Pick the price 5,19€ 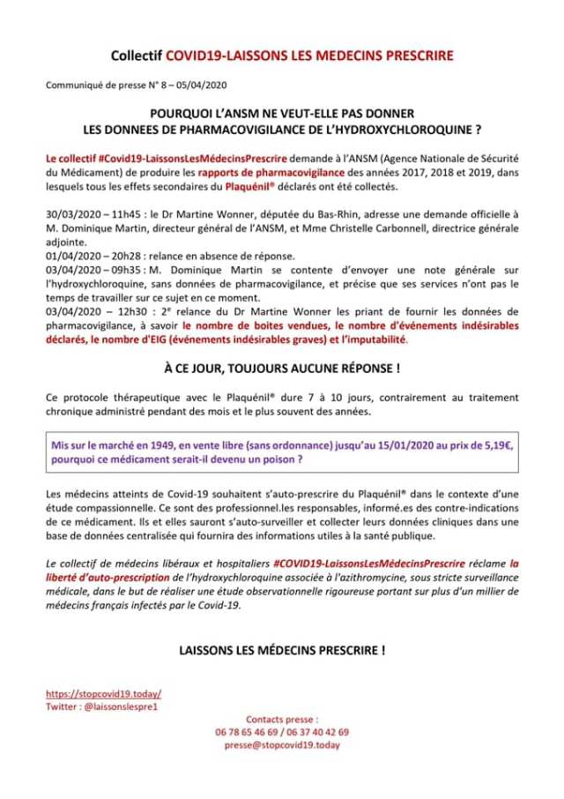(498, 445)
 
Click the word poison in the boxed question (277, 459)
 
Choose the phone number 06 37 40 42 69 (317, 732)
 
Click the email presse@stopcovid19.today (282, 745)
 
